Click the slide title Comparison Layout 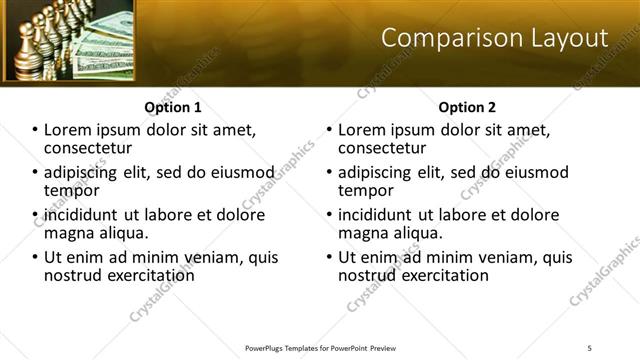point(495,39)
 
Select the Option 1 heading point(173,106)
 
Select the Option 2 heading point(467,106)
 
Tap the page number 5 point(591,347)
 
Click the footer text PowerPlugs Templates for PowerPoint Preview point(321,347)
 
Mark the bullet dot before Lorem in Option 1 point(36,131)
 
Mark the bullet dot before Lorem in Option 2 point(330,131)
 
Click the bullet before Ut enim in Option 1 point(36,257)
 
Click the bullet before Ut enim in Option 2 point(330,257)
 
